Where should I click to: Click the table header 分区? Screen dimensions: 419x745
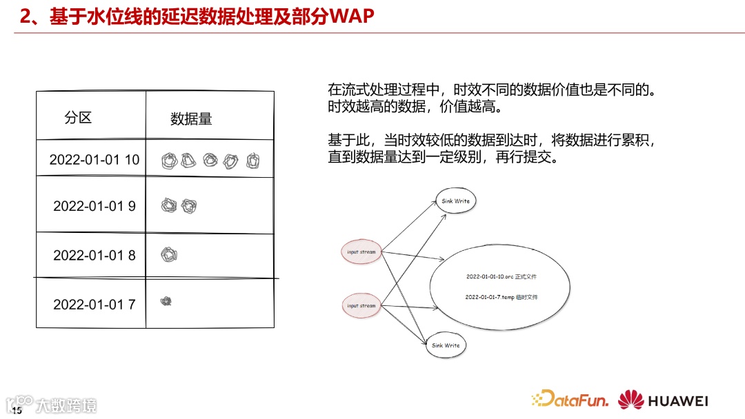click(x=78, y=118)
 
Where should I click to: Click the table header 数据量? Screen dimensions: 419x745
click(x=191, y=119)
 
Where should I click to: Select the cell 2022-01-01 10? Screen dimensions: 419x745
click(x=94, y=160)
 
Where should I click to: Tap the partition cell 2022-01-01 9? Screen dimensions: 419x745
click(x=94, y=206)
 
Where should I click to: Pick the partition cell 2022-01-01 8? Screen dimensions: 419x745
click(x=94, y=255)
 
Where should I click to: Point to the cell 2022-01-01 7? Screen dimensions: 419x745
click(x=94, y=304)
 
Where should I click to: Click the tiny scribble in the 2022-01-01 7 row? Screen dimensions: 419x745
click(x=166, y=300)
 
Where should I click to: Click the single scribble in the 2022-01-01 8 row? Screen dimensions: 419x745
click(x=169, y=254)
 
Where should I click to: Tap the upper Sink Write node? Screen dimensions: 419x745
click(x=455, y=201)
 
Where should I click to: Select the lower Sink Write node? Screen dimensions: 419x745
click(x=446, y=345)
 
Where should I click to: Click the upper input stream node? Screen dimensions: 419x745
click(x=361, y=252)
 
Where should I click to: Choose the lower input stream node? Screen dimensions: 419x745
click(x=361, y=305)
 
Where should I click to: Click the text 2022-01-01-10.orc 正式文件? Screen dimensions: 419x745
click(x=501, y=276)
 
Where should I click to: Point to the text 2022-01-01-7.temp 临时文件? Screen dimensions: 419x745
click(x=501, y=297)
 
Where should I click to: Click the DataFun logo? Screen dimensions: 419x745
click(x=570, y=399)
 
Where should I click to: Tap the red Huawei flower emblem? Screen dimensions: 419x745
click(x=631, y=400)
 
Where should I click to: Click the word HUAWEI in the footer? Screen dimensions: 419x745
click(x=678, y=400)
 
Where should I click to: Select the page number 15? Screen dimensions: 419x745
click(x=17, y=411)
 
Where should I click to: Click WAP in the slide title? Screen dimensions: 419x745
click(x=352, y=17)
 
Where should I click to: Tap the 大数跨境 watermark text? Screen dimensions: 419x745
click(x=67, y=405)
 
